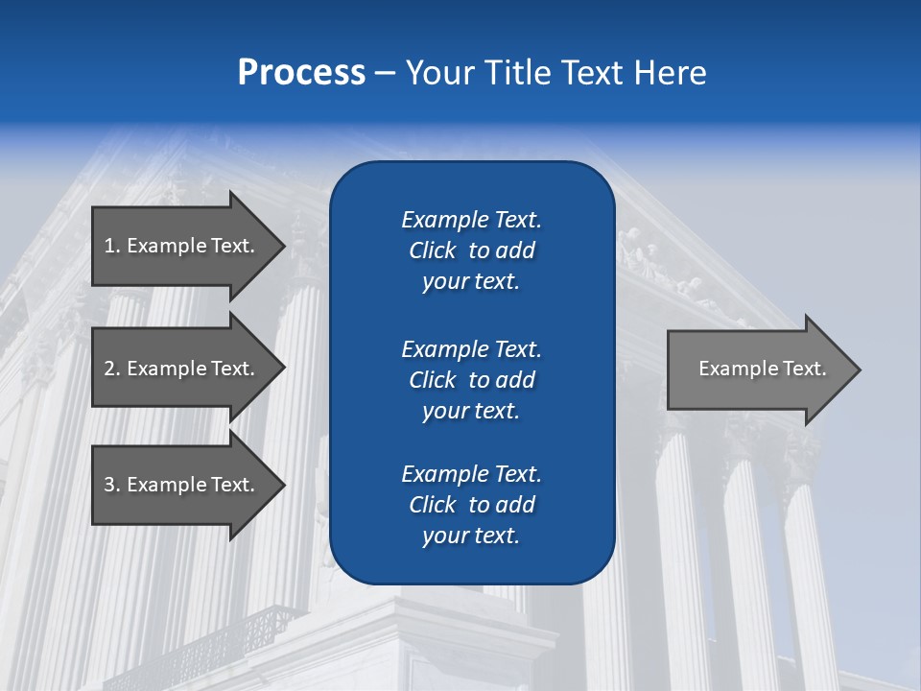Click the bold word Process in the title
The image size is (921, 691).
click(301, 73)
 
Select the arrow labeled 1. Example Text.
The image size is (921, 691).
click(182, 246)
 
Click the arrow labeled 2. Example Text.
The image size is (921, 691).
click(182, 369)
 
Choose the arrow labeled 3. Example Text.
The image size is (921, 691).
click(182, 485)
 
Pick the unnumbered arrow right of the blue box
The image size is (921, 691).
click(758, 369)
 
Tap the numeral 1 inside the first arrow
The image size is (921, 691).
click(109, 246)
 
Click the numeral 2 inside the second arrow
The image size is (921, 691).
click(109, 369)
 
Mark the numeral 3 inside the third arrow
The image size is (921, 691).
click(109, 485)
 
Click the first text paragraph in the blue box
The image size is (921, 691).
click(471, 250)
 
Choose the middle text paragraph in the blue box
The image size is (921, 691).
click(471, 380)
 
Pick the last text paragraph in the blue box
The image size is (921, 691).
click(471, 505)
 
